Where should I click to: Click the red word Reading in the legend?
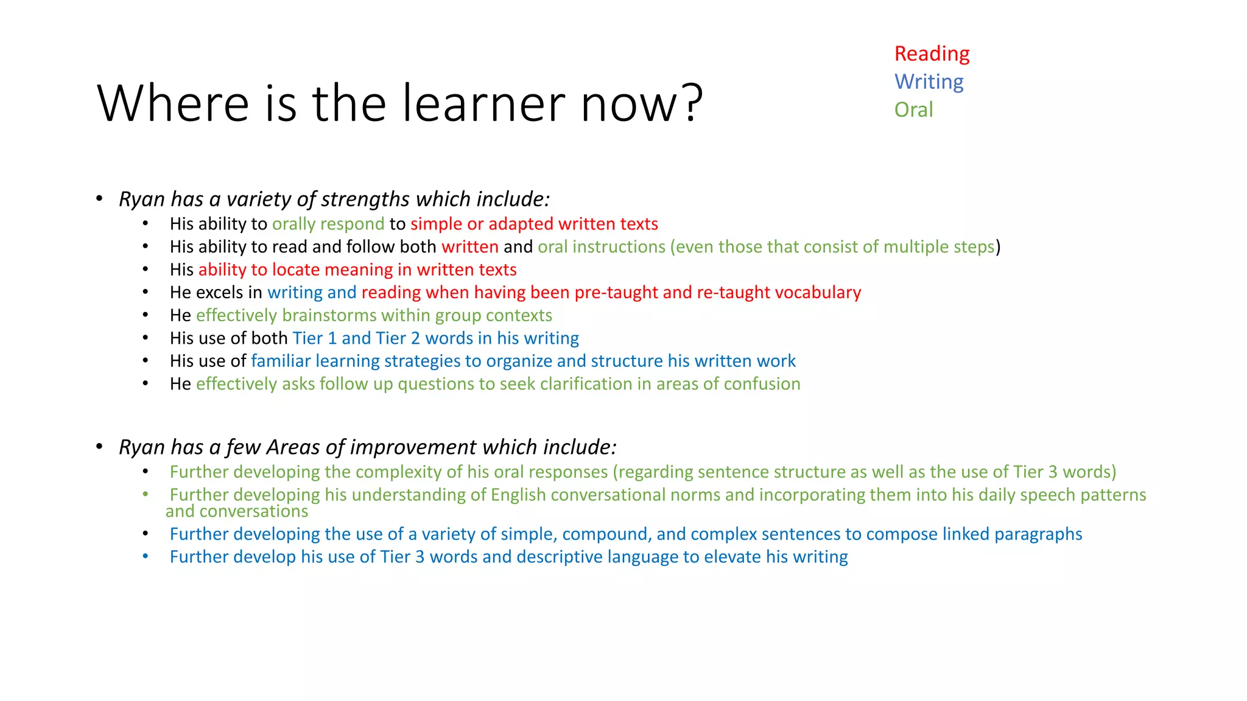[932, 54]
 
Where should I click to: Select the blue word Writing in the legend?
[929, 82]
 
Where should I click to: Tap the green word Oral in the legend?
[913, 110]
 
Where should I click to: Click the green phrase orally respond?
[328, 225]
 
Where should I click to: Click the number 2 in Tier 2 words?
[415, 338]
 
